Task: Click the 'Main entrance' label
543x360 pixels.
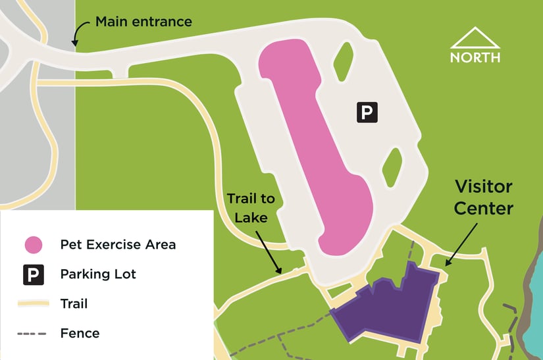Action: click(x=143, y=22)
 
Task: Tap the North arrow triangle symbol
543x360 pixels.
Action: click(x=475, y=38)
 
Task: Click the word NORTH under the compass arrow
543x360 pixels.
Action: click(x=475, y=57)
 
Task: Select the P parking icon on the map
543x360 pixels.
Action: click(x=367, y=112)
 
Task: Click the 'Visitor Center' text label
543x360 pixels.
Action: click(x=483, y=197)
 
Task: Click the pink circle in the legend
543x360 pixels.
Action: click(x=33, y=245)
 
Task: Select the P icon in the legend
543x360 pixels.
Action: click(x=33, y=274)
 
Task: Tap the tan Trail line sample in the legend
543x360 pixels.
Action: click(x=33, y=303)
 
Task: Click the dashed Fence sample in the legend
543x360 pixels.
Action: click(x=33, y=333)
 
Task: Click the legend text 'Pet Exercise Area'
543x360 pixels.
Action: click(x=118, y=245)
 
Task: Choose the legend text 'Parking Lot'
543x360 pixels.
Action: click(x=97, y=274)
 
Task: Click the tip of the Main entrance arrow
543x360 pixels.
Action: click(x=74, y=44)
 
